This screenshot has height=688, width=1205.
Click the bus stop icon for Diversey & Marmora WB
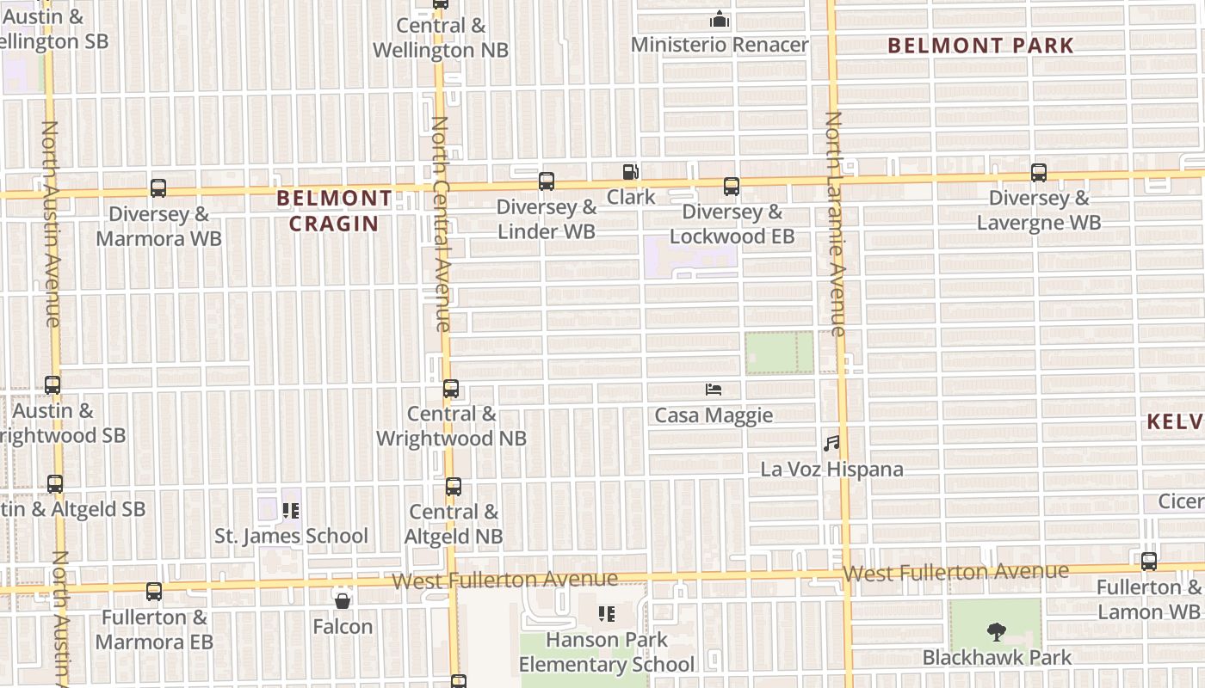pos(158,188)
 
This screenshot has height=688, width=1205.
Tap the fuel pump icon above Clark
pos(631,172)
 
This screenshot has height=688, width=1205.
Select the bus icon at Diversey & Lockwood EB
pos(732,187)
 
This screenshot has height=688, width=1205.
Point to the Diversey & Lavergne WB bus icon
pos(1039,173)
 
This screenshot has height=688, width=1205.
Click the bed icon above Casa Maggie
pos(714,390)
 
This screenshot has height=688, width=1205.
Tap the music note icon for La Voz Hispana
pos(831,444)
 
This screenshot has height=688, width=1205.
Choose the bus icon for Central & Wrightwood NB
pos(451,389)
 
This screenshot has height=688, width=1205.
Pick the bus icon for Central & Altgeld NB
pos(454,487)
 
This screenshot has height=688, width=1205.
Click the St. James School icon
pos(291,511)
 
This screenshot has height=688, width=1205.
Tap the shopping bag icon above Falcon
pos(343,600)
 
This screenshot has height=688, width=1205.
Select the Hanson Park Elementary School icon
pos(607,614)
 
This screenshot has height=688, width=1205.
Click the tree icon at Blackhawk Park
pos(997,632)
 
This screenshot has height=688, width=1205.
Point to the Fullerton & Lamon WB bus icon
pos(1149,562)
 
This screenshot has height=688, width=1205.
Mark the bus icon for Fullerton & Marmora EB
pos(154,592)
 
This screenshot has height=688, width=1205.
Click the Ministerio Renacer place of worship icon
pos(720,19)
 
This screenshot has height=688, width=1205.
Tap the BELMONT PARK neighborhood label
pos(981,46)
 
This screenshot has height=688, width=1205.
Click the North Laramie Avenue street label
pos(835,224)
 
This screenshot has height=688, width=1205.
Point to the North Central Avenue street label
pos(441,224)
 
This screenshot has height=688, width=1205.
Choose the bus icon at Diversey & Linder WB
pos(547,181)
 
